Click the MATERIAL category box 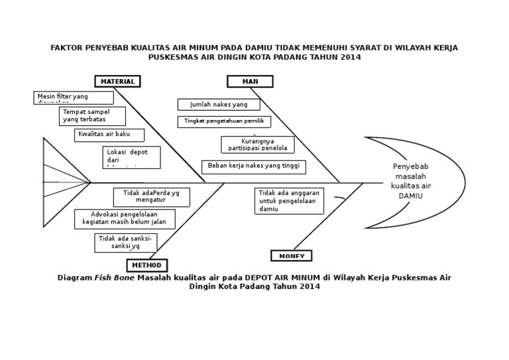[x=118, y=82]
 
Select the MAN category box [x=250, y=82]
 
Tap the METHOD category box [x=146, y=265]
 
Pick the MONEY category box [x=291, y=256]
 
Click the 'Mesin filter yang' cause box [x=74, y=98]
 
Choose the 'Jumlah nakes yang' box [x=219, y=105]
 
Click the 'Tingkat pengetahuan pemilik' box [x=224, y=121]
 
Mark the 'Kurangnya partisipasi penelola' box [x=251, y=145]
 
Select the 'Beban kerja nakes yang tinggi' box [x=254, y=166]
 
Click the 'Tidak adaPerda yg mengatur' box [x=151, y=197]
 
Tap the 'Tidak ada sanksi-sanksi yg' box [x=126, y=243]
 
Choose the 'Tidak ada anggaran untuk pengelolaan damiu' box [x=289, y=201]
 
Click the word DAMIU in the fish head [x=411, y=196]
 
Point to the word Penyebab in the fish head [x=412, y=166]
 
